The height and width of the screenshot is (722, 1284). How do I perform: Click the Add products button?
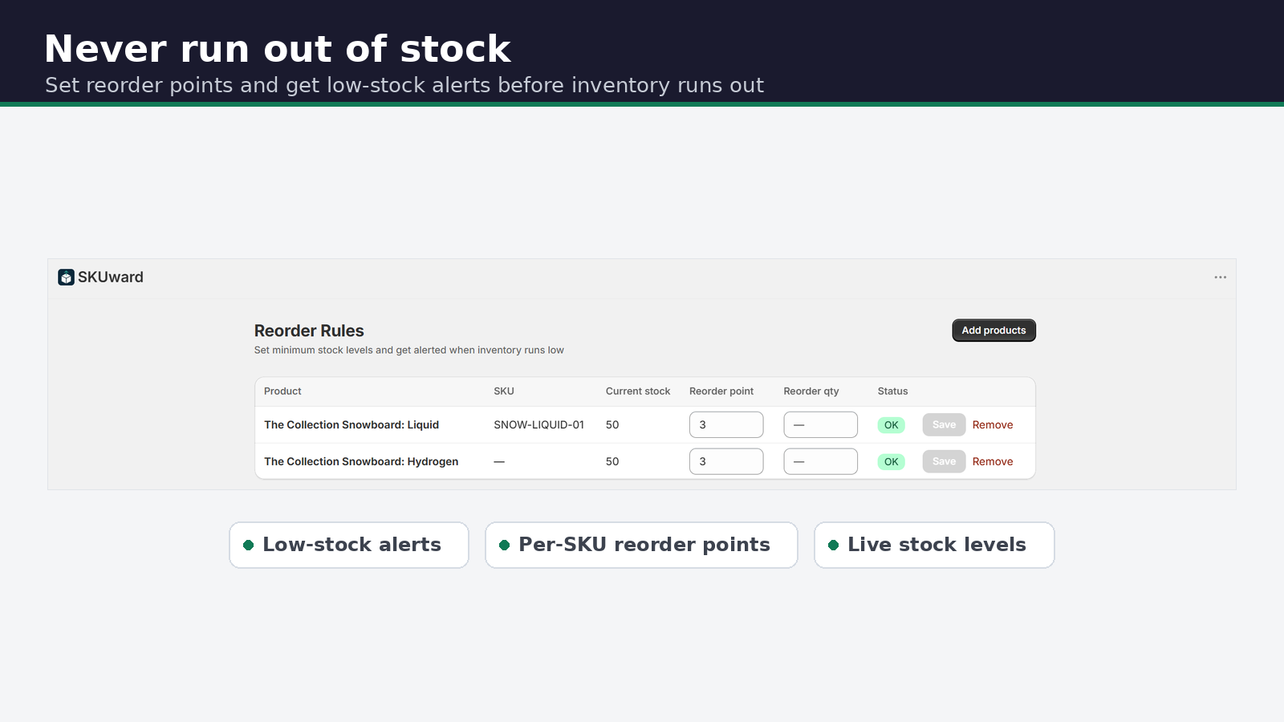(x=993, y=330)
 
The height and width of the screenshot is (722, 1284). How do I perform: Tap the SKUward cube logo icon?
(x=66, y=278)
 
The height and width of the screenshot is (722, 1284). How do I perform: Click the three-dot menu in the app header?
(x=1220, y=278)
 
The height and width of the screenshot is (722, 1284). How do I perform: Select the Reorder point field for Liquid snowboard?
(x=725, y=424)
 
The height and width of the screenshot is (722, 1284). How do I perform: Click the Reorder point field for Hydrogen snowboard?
(x=725, y=461)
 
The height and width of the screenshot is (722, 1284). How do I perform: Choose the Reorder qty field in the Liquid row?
(x=820, y=424)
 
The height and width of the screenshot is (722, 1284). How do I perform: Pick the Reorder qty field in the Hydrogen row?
(x=820, y=461)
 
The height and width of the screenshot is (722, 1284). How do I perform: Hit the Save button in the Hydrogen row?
(x=944, y=461)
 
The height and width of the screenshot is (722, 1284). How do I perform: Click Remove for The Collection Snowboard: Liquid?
(x=992, y=424)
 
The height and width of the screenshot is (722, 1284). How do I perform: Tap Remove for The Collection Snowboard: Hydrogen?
(x=992, y=461)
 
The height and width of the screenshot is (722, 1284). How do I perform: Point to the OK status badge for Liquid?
(x=891, y=425)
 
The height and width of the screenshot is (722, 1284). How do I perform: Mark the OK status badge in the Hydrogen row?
(x=891, y=462)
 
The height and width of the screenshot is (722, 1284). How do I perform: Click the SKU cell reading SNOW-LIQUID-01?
(x=538, y=424)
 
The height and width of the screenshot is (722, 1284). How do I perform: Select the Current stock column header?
(x=637, y=391)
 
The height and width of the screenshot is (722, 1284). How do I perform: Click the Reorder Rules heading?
(x=309, y=331)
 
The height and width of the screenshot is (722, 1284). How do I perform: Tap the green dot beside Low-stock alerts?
(x=248, y=545)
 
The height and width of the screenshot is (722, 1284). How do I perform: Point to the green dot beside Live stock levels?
(x=834, y=545)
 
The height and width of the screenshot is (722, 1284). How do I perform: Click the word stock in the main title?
(x=455, y=49)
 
